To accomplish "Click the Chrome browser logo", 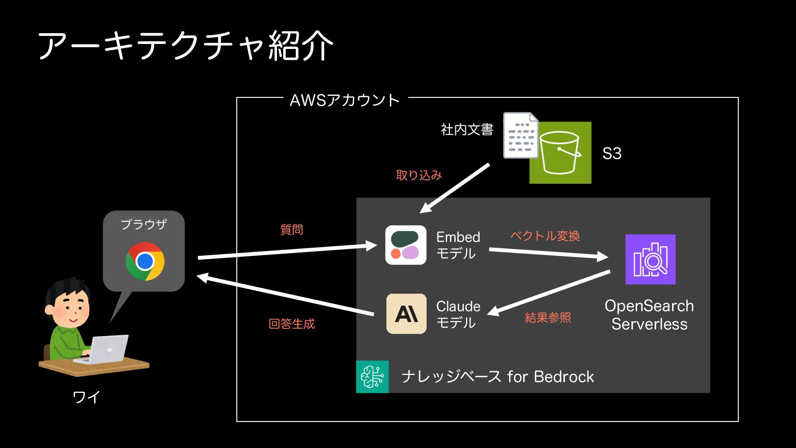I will click(145, 261).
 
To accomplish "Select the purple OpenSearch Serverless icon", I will click(650, 259).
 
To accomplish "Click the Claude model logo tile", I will click(406, 314).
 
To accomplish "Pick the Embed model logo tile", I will click(405, 245).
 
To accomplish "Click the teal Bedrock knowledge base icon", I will click(372, 377).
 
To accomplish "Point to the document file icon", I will click(520, 135).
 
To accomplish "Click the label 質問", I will click(291, 229).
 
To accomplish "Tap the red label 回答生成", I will click(291, 324).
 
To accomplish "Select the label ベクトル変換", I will click(545, 236).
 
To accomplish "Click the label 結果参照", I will click(548, 318).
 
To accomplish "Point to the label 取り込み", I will click(419, 175).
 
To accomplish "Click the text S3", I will click(612, 153).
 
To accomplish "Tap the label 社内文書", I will click(467, 130).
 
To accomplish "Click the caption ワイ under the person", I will click(86, 397).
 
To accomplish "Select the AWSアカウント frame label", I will click(345, 100).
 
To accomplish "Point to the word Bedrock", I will click(563, 377).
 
